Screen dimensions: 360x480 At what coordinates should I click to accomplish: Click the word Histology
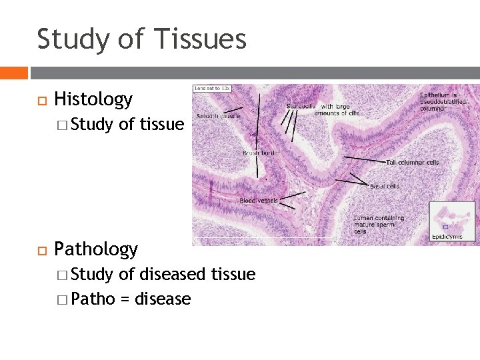(93, 100)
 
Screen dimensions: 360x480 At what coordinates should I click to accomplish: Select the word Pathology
(96, 249)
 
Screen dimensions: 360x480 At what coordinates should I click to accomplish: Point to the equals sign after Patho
(125, 299)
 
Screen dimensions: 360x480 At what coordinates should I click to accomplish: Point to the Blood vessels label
(259, 200)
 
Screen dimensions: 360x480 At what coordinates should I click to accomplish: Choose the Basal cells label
(385, 186)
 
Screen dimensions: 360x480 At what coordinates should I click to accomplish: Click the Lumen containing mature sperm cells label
(378, 224)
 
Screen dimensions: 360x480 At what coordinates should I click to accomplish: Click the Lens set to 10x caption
(211, 89)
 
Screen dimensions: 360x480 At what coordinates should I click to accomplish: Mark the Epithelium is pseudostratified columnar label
(443, 102)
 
